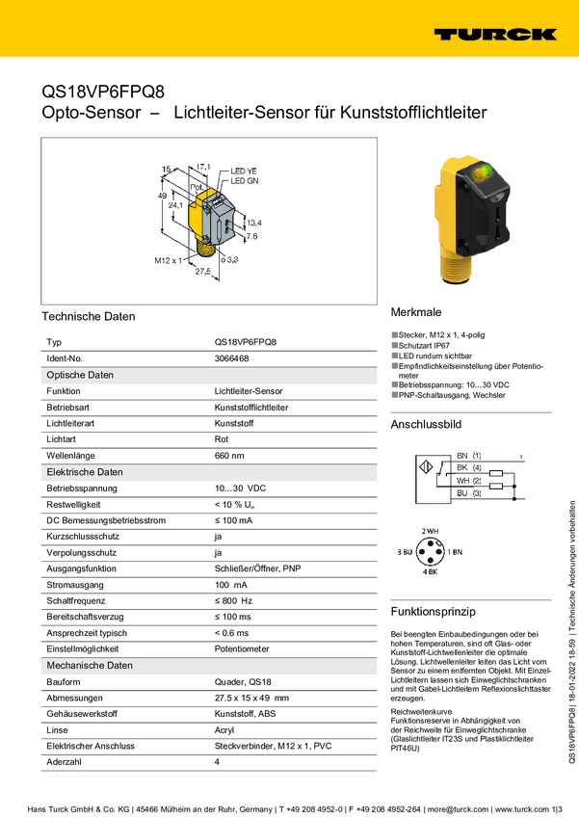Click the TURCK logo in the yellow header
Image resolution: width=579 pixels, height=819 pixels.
tap(494, 34)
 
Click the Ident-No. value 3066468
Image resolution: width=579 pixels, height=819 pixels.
tap(231, 358)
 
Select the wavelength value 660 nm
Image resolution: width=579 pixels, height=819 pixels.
tap(229, 456)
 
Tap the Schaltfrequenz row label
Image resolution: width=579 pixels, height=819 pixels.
tap(76, 601)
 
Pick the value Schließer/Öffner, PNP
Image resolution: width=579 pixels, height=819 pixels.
tap(257, 568)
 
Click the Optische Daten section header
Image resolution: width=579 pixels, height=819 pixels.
tap(79, 375)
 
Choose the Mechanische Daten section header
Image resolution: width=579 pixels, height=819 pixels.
tap(90, 666)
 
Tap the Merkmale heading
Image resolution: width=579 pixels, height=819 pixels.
tap(416, 313)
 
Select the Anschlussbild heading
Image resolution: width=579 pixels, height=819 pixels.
tap(426, 424)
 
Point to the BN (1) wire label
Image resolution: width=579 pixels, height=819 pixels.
tap(469, 455)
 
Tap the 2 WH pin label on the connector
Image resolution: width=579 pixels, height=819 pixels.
tap(430, 532)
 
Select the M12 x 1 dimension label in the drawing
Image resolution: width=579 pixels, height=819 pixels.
tap(168, 260)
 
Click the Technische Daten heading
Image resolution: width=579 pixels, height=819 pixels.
tap(89, 317)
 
